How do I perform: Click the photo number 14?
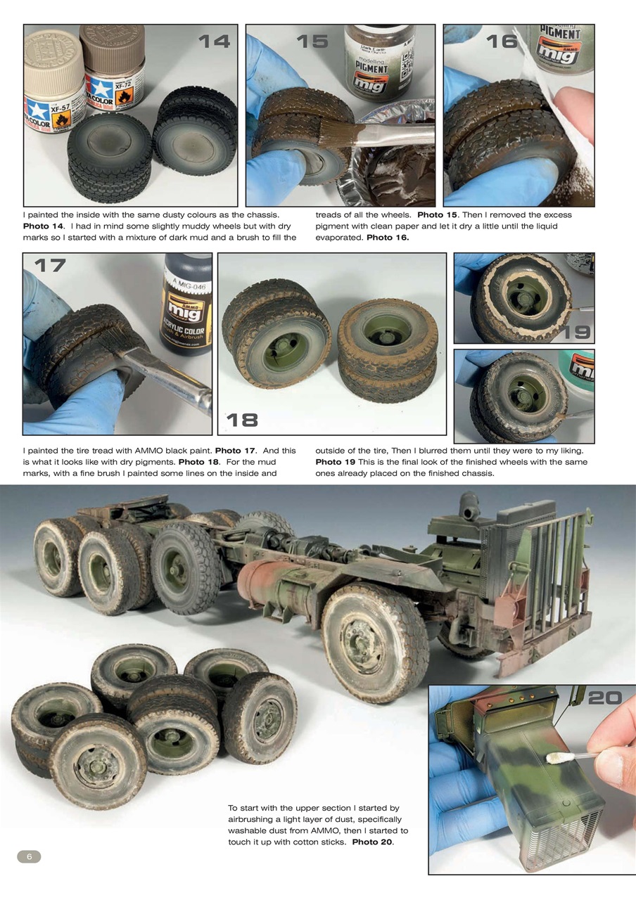point(214,41)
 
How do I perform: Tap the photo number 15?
point(312,41)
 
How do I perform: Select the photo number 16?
point(502,41)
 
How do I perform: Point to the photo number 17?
point(49,265)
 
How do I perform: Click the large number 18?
point(241,420)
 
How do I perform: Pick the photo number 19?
point(575,332)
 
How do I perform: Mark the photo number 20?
point(604,697)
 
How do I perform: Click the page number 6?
point(29,856)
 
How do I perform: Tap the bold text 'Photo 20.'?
point(373,842)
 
